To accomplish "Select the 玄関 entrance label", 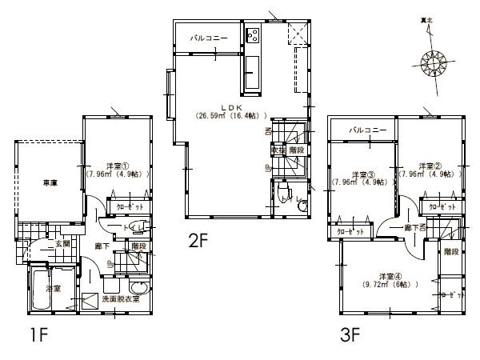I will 63,243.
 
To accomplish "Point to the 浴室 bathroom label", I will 53,288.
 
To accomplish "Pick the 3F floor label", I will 350,335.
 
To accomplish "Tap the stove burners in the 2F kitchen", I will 254,35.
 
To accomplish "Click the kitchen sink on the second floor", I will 251,67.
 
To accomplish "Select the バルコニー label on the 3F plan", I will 369,130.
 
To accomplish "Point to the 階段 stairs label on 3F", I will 451,251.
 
